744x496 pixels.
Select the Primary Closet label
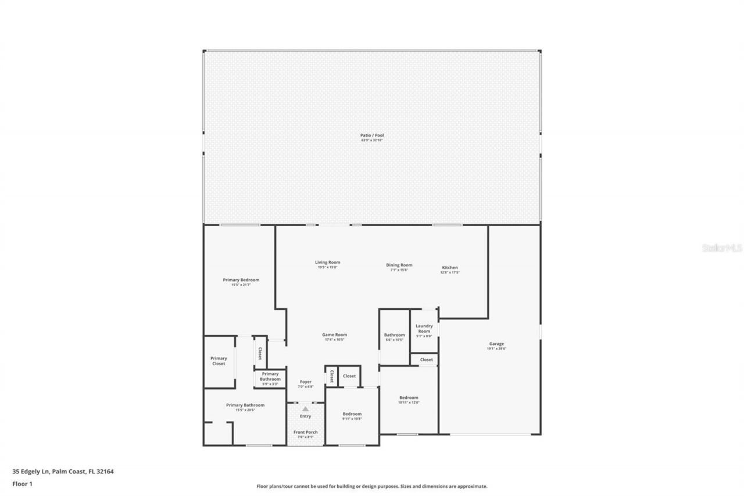tap(219, 361)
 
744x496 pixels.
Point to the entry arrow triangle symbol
tap(305, 409)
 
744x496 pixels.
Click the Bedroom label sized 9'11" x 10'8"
tap(352, 415)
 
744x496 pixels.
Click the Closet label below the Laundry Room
tap(427, 360)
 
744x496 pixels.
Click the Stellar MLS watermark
tap(722, 248)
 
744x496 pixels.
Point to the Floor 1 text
tap(22, 483)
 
